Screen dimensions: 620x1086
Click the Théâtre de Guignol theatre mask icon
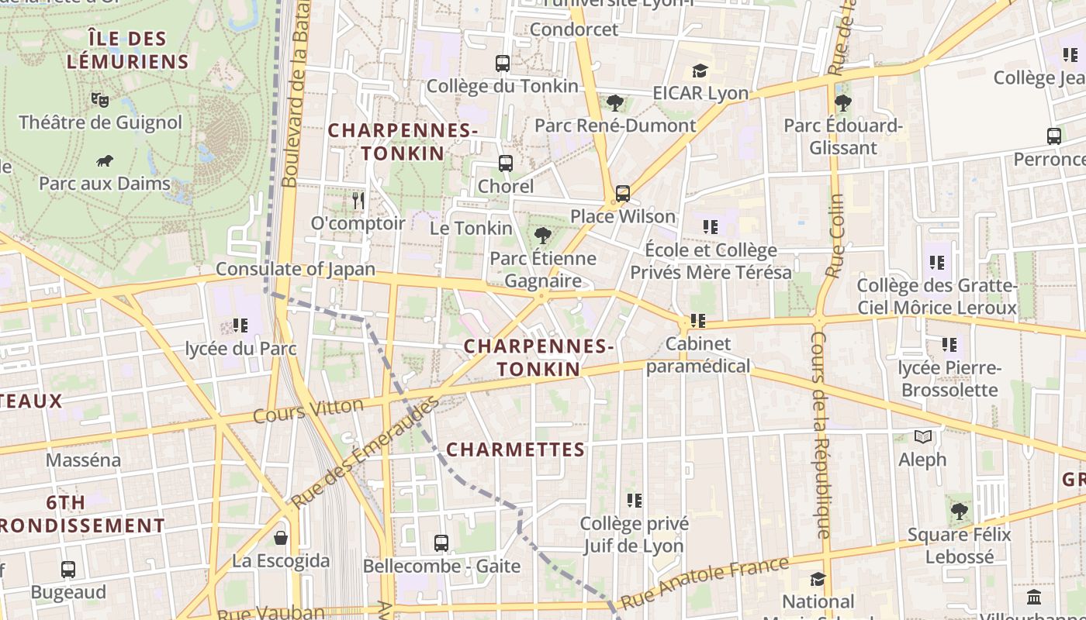tap(99, 99)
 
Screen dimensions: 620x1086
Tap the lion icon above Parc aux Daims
tap(105, 161)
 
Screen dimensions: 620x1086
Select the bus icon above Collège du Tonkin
tap(503, 64)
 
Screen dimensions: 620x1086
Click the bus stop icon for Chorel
tap(506, 164)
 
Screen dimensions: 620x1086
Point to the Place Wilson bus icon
tap(622, 193)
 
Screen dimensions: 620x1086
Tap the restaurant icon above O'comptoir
tap(358, 201)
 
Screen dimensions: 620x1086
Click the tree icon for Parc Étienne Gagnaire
tap(543, 236)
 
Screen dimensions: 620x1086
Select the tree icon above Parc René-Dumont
tap(615, 102)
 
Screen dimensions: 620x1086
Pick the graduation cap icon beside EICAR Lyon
tap(700, 71)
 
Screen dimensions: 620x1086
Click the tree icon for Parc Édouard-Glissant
tap(843, 102)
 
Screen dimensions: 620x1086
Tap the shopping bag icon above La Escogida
tap(281, 537)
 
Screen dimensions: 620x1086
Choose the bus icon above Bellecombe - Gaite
tap(441, 542)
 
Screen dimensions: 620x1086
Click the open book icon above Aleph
tap(922, 437)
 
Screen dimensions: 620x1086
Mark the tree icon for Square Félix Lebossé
tap(960, 511)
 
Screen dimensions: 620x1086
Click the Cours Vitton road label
tap(308, 410)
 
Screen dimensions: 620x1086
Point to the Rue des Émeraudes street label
tap(365, 453)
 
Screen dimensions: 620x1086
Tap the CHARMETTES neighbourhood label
tap(516, 449)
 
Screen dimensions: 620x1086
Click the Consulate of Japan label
tap(295, 270)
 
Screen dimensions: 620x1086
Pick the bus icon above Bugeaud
tap(68, 570)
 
